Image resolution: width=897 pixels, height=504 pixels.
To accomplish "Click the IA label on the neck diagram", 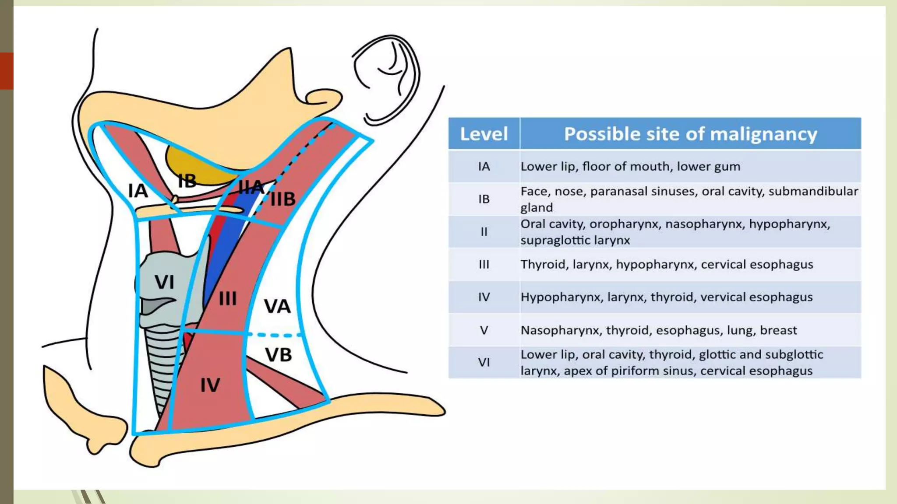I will pyautogui.click(x=138, y=191).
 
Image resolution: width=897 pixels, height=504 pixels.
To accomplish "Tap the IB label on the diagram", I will pyautogui.click(x=187, y=181).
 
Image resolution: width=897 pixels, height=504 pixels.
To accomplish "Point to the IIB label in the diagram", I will pyautogui.click(x=283, y=199).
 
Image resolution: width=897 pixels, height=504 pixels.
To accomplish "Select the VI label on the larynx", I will pyautogui.click(x=164, y=282).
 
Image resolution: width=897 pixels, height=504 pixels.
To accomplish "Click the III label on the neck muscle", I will pyautogui.click(x=228, y=299).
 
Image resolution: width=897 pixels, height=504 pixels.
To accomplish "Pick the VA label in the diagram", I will pyautogui.click(x=277, y=306).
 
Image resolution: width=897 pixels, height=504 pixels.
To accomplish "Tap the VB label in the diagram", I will pyautogui.click(x=279, y=355).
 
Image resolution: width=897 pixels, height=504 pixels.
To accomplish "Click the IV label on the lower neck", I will pyautogui.click(x=210, y=385).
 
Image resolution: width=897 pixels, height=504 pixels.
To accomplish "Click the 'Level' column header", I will pyautogui.click(x=484, y=134).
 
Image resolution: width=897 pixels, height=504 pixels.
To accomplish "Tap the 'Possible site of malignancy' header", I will pyautogui.click(x=690, y=134).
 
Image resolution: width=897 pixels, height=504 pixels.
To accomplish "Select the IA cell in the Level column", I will pyautogui.click(x=484, y=167).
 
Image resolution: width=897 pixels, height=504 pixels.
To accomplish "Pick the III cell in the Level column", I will pyautogui.click(x=484, y=265).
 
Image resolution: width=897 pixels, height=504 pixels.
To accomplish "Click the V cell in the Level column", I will pyautogui.click(x=484, y=330).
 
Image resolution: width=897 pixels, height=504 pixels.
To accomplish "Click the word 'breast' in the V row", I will pyautogui.click(x=778, y=330).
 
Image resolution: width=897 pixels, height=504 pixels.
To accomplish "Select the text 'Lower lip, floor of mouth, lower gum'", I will pyautogui.click(x=630, y=167).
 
